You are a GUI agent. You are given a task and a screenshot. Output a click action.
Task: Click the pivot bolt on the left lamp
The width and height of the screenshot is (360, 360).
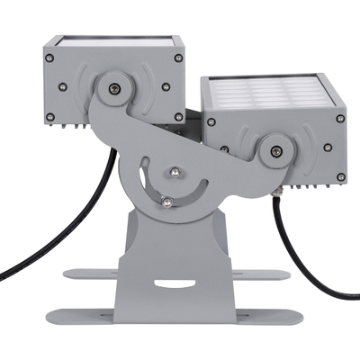point(113,87)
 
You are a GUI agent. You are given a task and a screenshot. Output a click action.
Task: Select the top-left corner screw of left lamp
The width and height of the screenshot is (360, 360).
point(50,58)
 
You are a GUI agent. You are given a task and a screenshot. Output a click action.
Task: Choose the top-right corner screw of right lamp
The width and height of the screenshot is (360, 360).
point(340,118)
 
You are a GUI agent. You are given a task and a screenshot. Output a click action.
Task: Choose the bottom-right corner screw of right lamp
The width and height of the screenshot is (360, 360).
point(338,176)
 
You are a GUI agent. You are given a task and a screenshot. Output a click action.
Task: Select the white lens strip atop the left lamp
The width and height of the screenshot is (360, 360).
point(112,40)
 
